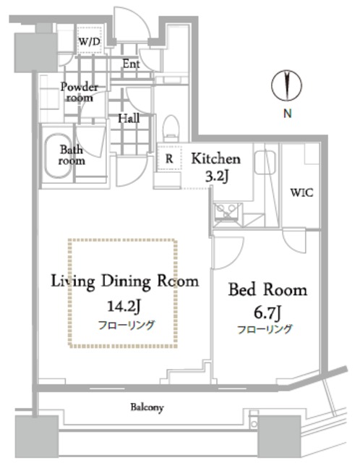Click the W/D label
click(x=90, y=42)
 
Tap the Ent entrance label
click(x=131, y=64)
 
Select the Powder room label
click(x=79, y=91)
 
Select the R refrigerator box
click(x=168, y=158)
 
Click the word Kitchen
click(x=215, y=158)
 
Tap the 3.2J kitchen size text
click(x=216, y=175)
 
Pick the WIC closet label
click(x=301, y=193)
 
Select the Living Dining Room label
click(x=124, y=281)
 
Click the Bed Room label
click(x=267, y=290)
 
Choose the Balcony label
click(x=147, y=407)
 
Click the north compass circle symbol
click(x=286, y=86)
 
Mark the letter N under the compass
click(x=287, y=113)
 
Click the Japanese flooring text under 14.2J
click(x=126, y=324)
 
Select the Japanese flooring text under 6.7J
click(x=265, y=329)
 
